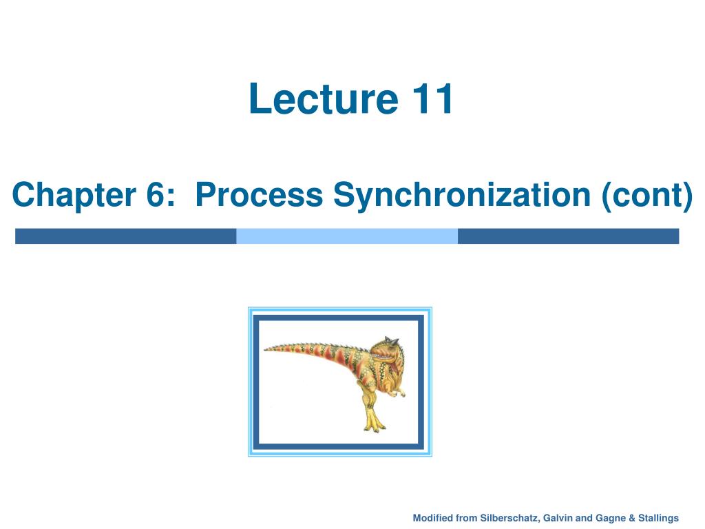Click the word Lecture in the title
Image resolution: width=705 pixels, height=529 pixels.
pos(324,98)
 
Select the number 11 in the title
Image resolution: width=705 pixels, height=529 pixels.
pos(432,98)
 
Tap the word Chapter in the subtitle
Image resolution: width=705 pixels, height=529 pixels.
pos(74,195)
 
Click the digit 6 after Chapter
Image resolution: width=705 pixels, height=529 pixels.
pos(155,195)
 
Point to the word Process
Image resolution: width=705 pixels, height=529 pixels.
pos(260,195)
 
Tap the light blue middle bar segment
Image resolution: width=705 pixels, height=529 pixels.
pos(347,236)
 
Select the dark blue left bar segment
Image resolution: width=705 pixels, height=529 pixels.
pos(126,236)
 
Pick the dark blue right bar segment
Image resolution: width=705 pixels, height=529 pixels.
pos(568,236)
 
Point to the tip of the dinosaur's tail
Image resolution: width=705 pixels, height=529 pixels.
pos(265,349)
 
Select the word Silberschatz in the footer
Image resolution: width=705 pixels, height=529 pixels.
pos(509,518)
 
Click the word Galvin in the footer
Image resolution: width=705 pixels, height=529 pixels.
pos(558,518)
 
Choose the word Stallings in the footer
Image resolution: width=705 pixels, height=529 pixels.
pos(658,518)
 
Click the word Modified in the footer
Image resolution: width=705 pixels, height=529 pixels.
pos(432,518)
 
